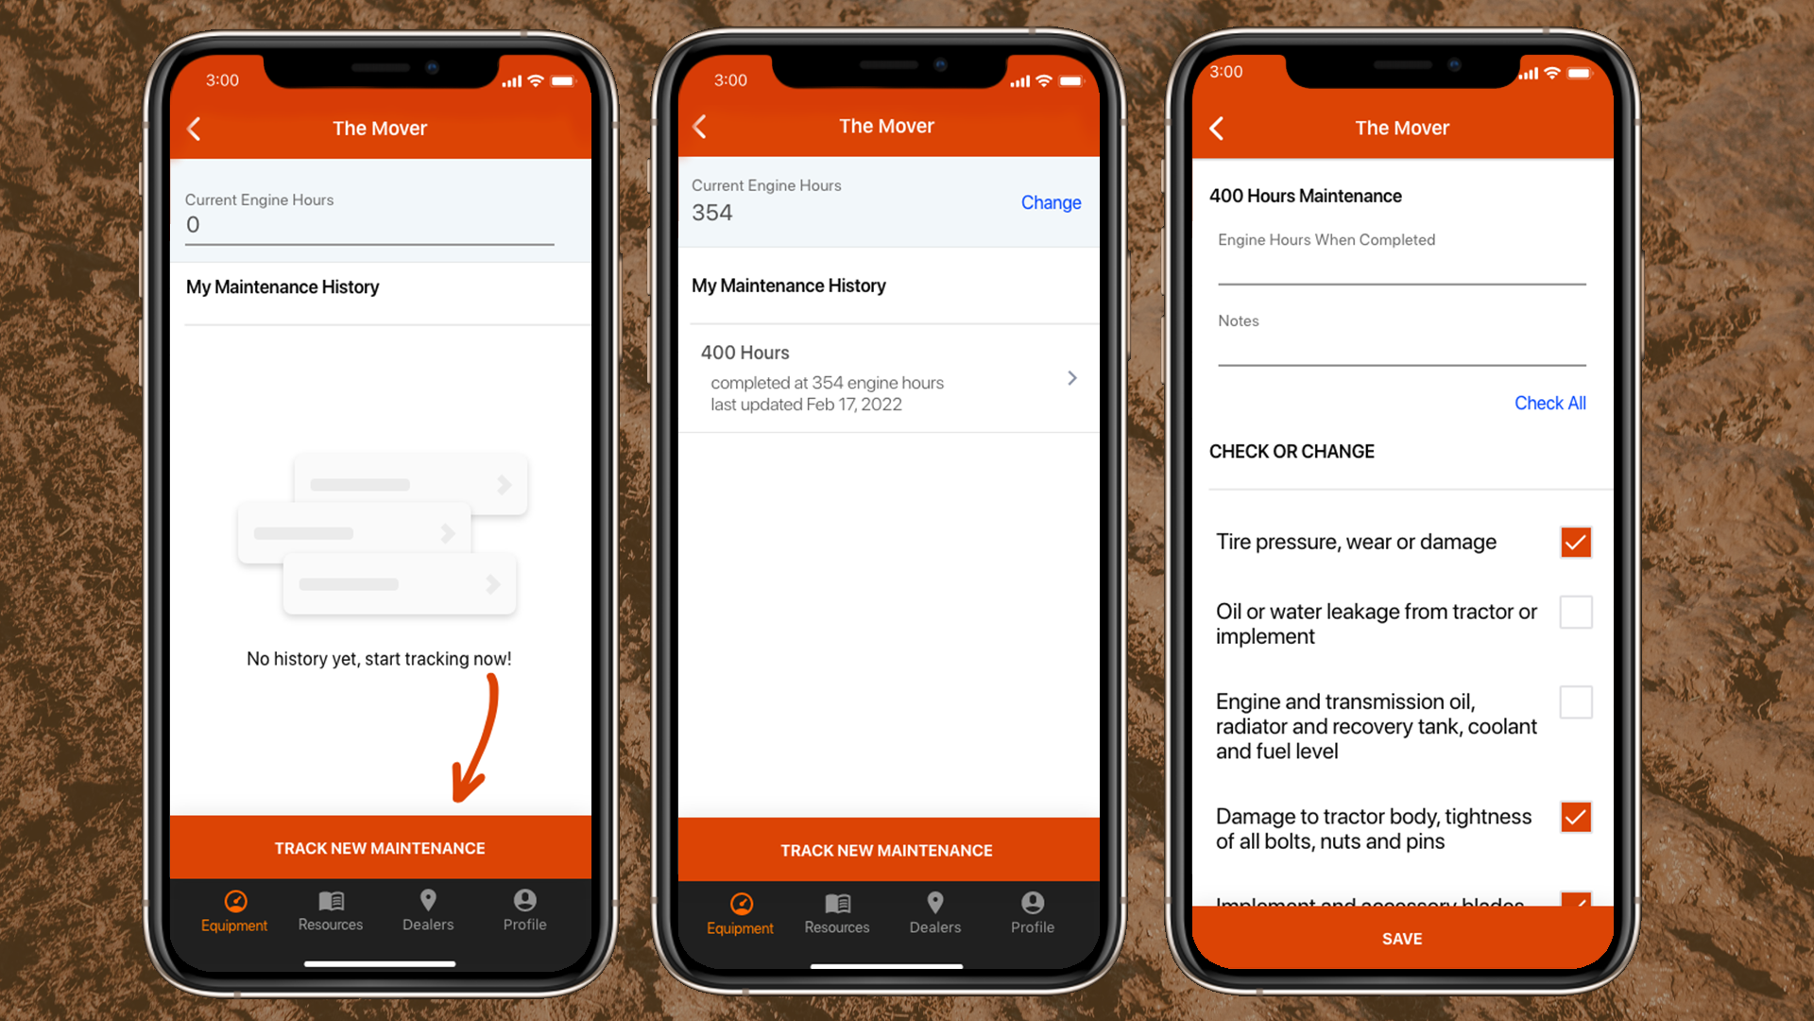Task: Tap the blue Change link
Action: [x=1051, y=202]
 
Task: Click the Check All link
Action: [x=1549, y=403]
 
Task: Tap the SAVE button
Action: [x=1402, y=939]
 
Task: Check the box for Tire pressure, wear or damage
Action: [x=1575, y=543]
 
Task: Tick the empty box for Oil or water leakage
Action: [x=1575, y=613]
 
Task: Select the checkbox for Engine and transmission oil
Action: [x=1575, y=702]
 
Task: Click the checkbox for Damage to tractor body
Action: [x=1575, y=817]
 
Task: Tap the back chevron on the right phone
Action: [x=1217, y=129]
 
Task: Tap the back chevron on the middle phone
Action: [x=700, y=127]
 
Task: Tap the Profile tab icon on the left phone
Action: [x=524, y=900]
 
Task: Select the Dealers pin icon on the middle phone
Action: [x=934, y=903]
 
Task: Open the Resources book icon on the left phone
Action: [x=331, y=900]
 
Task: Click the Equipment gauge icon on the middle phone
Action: [x=742, y=904]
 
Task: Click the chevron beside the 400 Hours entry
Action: [x=1071, y=378]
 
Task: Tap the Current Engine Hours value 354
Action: [x=712, y=213]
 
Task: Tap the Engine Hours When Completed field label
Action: [x=1326, y=240]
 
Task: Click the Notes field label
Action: [x=1238, y=321]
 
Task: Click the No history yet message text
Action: [x=379, y=659]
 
